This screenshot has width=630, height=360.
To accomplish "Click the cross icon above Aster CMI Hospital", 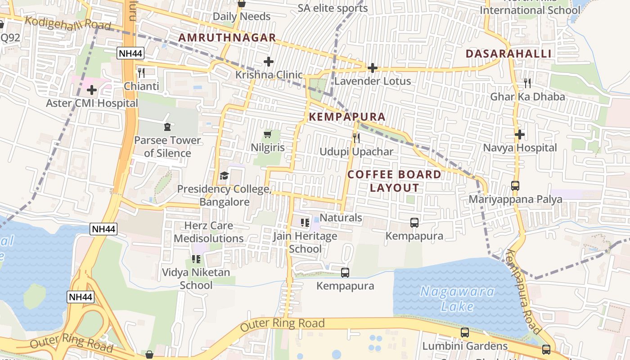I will pyautogui.click(x=92, y=90).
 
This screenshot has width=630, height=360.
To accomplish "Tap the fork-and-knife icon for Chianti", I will pyautogui.click(x=141, y=72).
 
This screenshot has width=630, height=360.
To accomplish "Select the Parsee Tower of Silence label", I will pyautogui.click(x=167, y=146).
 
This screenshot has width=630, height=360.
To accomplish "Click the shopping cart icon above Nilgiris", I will pyautogui.click(x=268, y=134).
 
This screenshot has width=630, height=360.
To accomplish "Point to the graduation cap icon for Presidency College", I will pyautogui.click(x=224, y=175).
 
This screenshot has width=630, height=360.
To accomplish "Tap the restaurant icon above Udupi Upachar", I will pyautogui.click(x=356, y=138).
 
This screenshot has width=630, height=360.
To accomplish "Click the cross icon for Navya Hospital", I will pyautogui.click(x=520, y=135).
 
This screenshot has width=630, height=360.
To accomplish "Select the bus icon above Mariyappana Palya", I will pyautogui.click(x=515, y=185).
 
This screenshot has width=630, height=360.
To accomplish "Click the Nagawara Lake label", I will pyautogui.click(x=457, y=299).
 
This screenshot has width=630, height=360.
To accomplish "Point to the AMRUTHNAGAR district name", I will pyautogui.click(x=227, y=38).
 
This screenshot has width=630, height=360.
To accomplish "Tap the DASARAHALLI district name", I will pyautogui.click(x=508, y=54).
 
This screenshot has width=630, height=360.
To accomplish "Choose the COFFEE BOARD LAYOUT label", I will pyautogui.click(x=395, y=181).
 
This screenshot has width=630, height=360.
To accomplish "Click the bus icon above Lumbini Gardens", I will pyautogui.click(x=465, y=333).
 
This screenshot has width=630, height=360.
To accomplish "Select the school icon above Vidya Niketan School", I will pyautogui.click(x=196, y=259).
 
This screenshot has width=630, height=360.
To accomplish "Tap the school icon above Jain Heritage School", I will pyautogui.click(x=305, y=222).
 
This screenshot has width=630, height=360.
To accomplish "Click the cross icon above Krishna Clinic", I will pyautogui.click(x=269, y=61).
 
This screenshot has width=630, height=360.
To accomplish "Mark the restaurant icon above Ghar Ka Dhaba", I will pyautogui.click(x=527, y=83).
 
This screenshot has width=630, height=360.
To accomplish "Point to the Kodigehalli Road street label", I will pyautogui.click(x=68, y=23).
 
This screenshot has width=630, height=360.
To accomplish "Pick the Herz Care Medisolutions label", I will pyautogui.click(x=209, y=232).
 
